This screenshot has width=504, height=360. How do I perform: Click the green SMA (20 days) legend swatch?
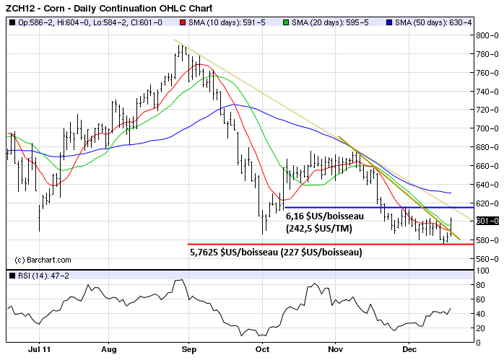287,22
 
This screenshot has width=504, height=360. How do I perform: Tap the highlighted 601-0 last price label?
488,221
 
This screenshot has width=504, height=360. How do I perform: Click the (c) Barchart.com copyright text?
43,260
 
